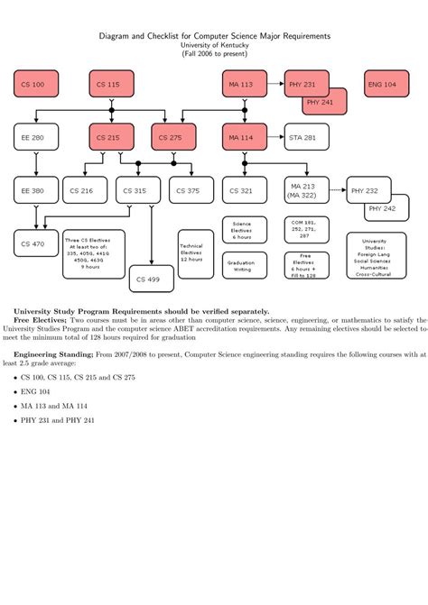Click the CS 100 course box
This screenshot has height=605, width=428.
click(x=35, y=84)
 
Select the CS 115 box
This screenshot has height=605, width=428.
click(x=111, y=84)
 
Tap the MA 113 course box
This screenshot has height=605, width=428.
click(x=245, y=84)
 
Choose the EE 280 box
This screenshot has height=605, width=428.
click(x=35, y=137)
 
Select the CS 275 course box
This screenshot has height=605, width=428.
click(x=173, y=137)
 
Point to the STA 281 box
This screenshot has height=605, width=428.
click(x=306, y=137)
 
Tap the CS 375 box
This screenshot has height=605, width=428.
click(x=191, y=190)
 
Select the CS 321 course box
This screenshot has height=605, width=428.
click(x=245, y=190)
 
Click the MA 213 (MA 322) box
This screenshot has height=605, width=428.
click(x=306, y=190)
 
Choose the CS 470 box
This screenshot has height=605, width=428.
click(x=35, y=243)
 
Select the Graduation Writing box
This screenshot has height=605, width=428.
click(x=245, y=265)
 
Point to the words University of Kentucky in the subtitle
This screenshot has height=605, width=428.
click(x=214, y=44)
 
